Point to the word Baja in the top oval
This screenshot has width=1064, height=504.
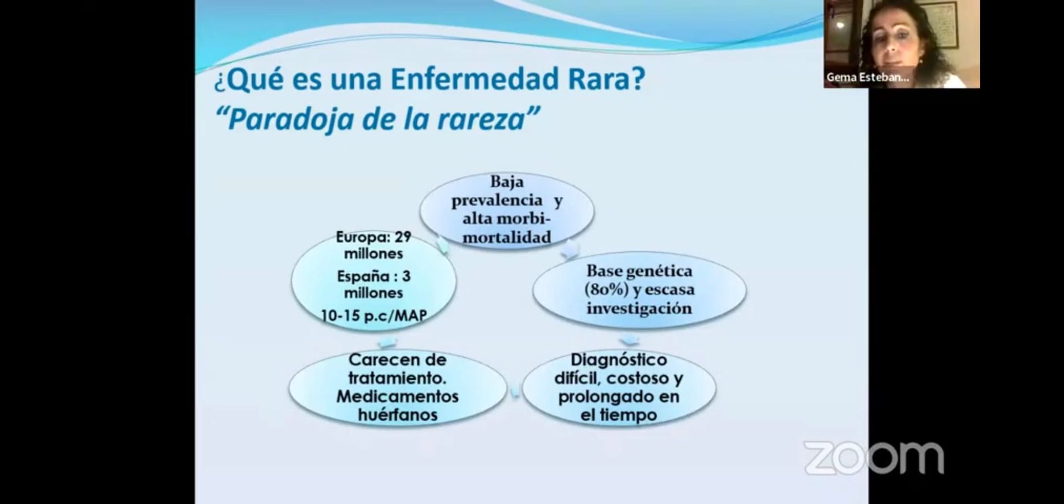coord(507,181)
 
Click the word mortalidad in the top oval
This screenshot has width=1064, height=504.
coord(507,237)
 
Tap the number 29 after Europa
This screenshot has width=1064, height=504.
coord(402,237)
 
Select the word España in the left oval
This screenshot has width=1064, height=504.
coord(363,276)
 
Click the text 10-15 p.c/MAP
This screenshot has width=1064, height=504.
coord(374,315)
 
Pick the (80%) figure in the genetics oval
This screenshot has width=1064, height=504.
coord(606,289)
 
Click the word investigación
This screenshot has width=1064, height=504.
coord(639,308)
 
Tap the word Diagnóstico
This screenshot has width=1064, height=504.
coord(618,360)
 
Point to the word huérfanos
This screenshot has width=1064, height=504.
coord(397,415)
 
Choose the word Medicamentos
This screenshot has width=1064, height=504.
coord(397,396)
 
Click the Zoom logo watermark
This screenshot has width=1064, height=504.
coord(874,458)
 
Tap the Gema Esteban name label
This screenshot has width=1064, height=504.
coord(868,78)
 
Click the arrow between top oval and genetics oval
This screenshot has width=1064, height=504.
coord(569,251)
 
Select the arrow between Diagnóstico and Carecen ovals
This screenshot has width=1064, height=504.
coord(515,391)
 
